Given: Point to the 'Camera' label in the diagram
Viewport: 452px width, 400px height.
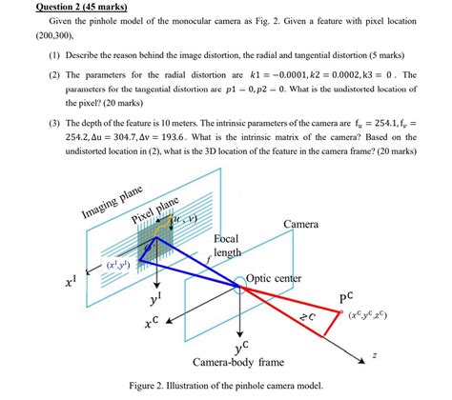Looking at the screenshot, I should (x=301, y=224).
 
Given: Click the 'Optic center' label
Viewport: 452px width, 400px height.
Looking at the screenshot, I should (x=274, y=278).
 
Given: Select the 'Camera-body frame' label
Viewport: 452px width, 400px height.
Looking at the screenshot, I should (x=237, y=363).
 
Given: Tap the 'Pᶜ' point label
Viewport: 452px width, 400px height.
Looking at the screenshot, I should (x=346, y=296).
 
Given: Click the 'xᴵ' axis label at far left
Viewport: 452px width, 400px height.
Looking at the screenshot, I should (x=71, y=283).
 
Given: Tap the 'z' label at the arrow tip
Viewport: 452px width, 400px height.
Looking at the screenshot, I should (x=375, y=354).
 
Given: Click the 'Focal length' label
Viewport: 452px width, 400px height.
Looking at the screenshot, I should (x=226, y=246).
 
